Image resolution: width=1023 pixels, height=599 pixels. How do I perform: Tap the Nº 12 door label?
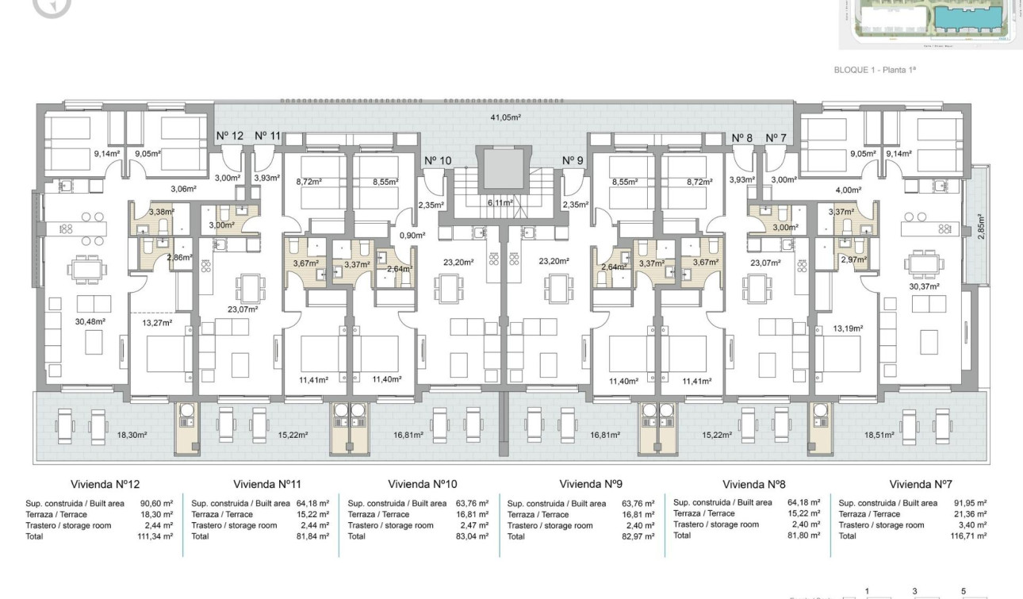coord(230,136)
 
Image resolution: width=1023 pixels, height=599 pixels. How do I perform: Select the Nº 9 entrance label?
coord(573,160)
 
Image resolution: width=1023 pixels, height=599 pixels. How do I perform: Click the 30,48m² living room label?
coord(90,321)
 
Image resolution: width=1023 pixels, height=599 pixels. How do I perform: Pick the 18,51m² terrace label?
coord(878,435)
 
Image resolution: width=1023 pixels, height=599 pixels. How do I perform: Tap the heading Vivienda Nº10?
coord(423,484)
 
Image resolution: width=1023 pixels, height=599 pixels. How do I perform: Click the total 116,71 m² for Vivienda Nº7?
coord(969,536)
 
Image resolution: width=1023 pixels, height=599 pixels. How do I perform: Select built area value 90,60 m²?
coord(156,503)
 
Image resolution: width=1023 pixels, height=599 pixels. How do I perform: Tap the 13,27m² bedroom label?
coord(157,322)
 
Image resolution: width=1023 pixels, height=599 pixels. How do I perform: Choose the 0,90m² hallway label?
coord(412,235)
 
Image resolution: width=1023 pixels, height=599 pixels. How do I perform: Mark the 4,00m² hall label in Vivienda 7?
coord(848,190)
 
